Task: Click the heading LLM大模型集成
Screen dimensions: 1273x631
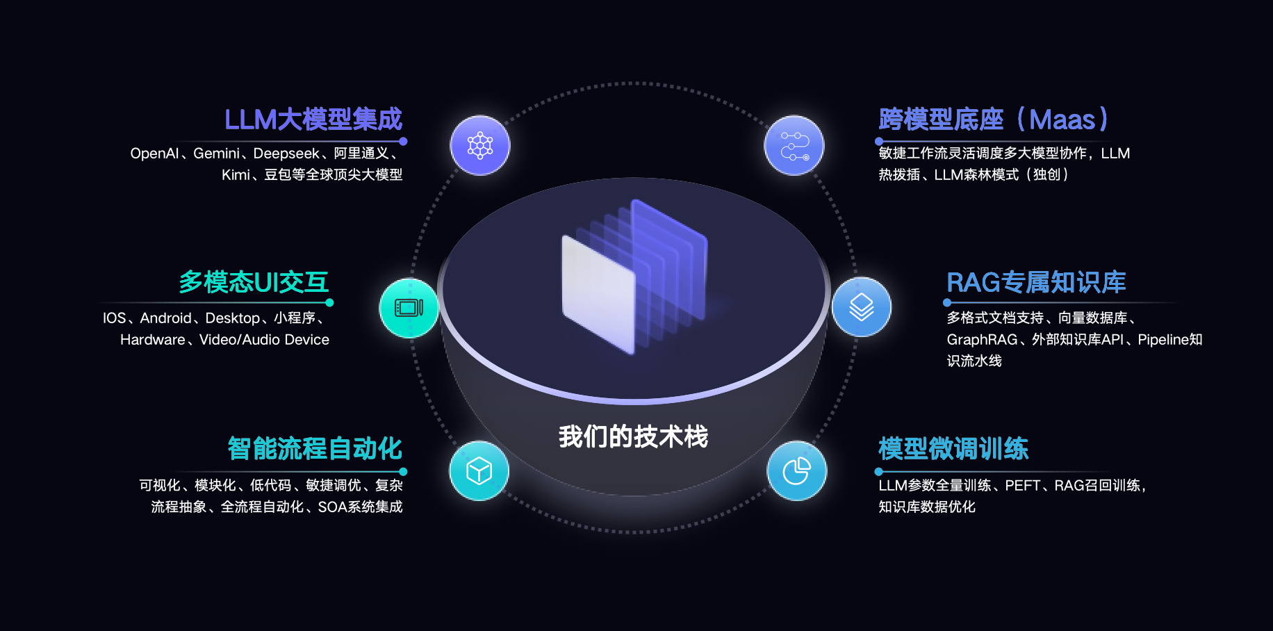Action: (313, 120)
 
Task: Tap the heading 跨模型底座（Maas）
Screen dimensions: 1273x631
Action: (993, 120)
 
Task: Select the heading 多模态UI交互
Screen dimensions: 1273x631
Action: (254, 282)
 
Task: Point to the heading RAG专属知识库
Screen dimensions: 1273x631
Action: (1036, 282)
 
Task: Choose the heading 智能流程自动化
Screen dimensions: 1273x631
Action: (315, 448)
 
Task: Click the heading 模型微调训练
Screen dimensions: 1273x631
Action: (953, 448)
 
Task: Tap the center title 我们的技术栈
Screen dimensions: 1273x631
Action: (633, 436)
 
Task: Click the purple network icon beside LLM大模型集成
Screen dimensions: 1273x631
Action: (480, 146)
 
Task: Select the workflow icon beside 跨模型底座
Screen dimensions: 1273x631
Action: (794, 146)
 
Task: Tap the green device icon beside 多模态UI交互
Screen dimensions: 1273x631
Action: (409, 308)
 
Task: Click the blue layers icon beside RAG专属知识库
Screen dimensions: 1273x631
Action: (862, 307)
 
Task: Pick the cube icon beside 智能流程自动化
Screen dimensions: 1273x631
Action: (479, 470)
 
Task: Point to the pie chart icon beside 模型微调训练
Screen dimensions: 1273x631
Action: (797, 470)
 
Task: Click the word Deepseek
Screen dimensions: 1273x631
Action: (286, 154)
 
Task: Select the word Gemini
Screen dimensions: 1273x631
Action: (216, 154)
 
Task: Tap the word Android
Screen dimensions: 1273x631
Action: (165, 318)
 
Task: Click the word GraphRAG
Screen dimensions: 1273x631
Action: (982, 340)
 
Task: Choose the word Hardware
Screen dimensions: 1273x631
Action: (153, 340)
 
